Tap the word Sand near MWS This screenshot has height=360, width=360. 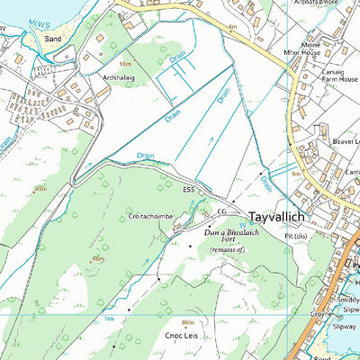(x=54, y=40)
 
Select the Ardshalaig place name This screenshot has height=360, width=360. (x=123, y=76)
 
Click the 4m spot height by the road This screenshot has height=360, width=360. (x=231, y=28)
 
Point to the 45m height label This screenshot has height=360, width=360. (x=40, y=189)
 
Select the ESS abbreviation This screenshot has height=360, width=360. (x=188, y=190)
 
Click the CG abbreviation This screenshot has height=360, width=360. (x=222, y=211)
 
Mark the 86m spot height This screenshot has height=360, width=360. (x=187, y=321)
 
